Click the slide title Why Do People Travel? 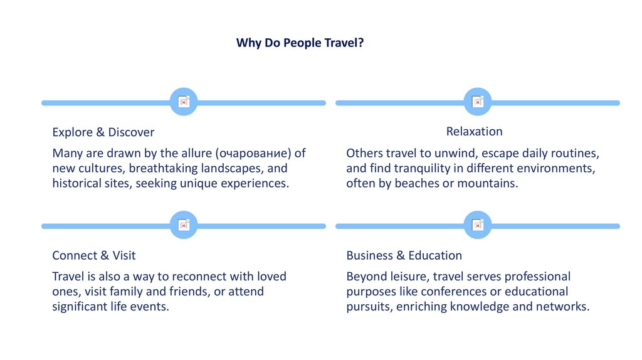click(300, 43)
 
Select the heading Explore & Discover click(103, 132)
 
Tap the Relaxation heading click(474, 131)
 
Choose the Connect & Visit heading click(93, 255)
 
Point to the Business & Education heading click(404, 255)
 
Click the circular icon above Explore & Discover click(184, 102)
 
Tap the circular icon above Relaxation click(478, 102)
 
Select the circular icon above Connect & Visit click(184, 225)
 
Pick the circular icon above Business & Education click(478, 225)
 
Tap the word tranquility click(421, 168)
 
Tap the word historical click(76, 183)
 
